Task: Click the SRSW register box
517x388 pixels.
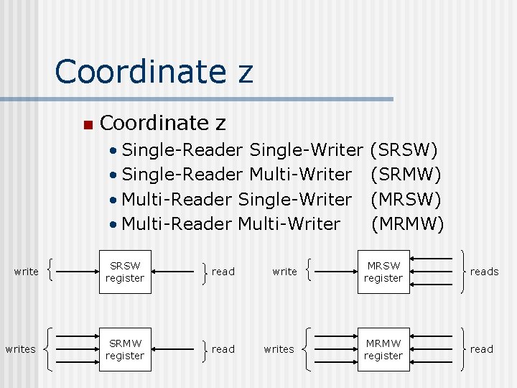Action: [x=124, y=272]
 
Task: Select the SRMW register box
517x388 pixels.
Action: [x=124, y=349]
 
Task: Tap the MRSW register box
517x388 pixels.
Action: [x=383, y=272]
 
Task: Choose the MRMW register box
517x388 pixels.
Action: [x=383, y=349]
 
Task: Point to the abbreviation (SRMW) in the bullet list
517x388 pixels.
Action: [x=406, y=175]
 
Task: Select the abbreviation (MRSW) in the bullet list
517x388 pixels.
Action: [x=406, y=199]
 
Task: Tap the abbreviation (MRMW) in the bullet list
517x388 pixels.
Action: [x=407, y=223]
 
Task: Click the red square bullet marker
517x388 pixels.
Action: [x=87, y=125]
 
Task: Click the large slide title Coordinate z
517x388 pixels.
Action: [x=154, y=72]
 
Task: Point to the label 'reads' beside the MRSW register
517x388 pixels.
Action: [x=484, y=272]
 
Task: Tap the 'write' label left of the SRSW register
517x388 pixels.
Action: [x=27, y=272]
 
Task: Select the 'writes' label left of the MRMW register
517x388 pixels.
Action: [x=279, y=349]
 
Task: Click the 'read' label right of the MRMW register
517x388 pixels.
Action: [x=481, y=349]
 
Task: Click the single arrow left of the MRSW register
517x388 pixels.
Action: [x=338, y=272]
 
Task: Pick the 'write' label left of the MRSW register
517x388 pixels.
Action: [x=285, y=272]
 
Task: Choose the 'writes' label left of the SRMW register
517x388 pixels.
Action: [x=20, y=349]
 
